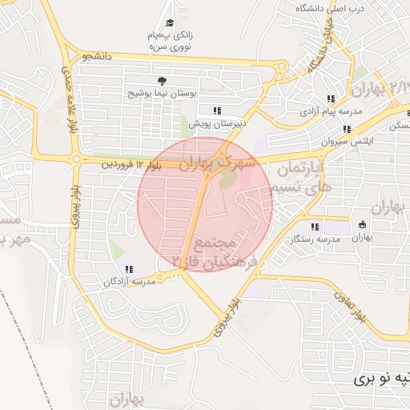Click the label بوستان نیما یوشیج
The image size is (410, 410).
click(x=163, y=94)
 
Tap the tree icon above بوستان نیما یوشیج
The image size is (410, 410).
click(x=163, y=81)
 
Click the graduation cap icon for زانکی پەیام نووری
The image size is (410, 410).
click(x=170, y=24)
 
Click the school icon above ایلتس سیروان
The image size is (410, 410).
click(x=346, y=128)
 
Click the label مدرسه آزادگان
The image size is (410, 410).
click(x=129, y=282)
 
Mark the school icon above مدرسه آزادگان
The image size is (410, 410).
click(x=129, y=269)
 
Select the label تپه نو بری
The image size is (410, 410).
click(x=383, y=375)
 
